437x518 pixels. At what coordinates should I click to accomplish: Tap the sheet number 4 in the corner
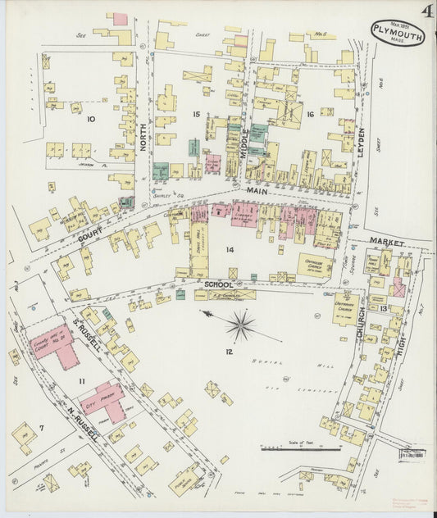click(427, 12)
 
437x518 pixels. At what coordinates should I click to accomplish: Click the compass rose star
click(240, 325)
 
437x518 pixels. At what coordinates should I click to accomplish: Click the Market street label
click(387, 240)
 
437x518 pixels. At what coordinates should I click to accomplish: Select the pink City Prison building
click(103, 400)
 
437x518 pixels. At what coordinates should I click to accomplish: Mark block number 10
click(90, 120)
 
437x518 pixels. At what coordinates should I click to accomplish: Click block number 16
click(310, 115)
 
